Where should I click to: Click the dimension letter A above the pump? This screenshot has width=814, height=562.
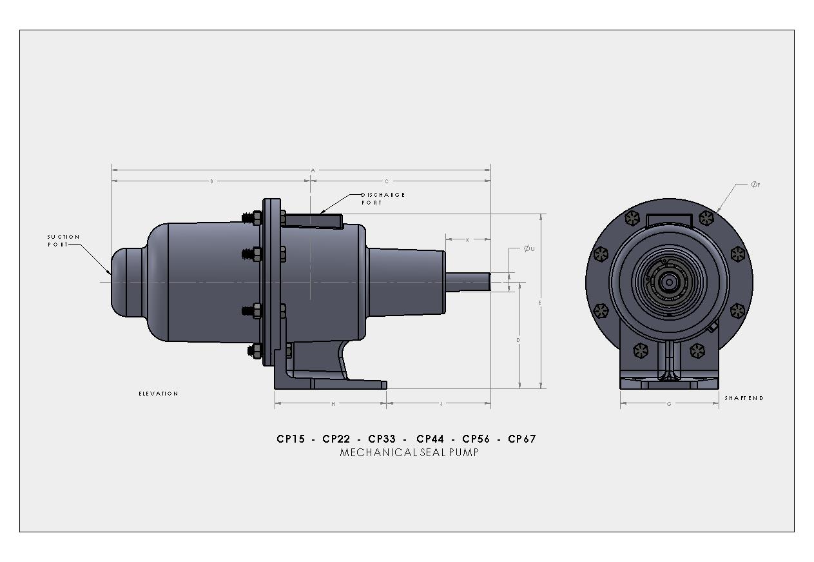point(313,170)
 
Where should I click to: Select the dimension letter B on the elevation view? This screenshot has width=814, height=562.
point(211,181)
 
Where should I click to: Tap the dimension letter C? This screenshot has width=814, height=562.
point(386,181)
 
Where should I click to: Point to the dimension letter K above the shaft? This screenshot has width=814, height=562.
point(468,240)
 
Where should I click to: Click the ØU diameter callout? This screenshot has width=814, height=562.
point(528,248)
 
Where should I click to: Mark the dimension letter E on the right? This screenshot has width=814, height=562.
point(540,303)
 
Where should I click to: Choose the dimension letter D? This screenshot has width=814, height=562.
point(519,339)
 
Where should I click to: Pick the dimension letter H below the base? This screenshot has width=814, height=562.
point(333,405)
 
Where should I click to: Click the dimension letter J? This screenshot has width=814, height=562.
point(441,405)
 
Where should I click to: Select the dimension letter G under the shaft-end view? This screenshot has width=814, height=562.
point(669,404)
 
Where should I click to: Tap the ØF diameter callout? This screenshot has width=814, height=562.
point(755,185)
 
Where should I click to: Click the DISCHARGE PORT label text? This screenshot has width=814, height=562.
point(382,199)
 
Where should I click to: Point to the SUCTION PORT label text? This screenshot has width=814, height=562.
point(63,241)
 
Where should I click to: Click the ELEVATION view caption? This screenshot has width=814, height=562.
point(159,394)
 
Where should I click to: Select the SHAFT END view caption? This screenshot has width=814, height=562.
point(744,398)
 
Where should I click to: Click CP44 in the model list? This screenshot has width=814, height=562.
point(430,439)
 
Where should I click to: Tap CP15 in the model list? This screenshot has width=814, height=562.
point(291,439)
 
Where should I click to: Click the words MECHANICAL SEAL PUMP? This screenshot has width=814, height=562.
point(409,452)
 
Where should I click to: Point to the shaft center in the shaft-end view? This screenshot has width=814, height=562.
point(669,282)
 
